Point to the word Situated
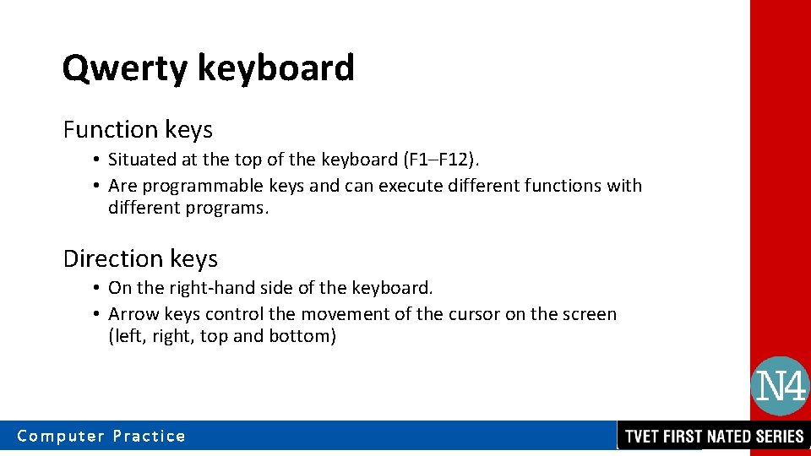tap(141, 160)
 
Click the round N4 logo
tap(780, 387)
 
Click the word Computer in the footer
tap(60, 437)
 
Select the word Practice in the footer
tap(150, 437)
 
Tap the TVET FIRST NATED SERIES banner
tap(714, 437)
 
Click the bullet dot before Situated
tap(98, 160)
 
